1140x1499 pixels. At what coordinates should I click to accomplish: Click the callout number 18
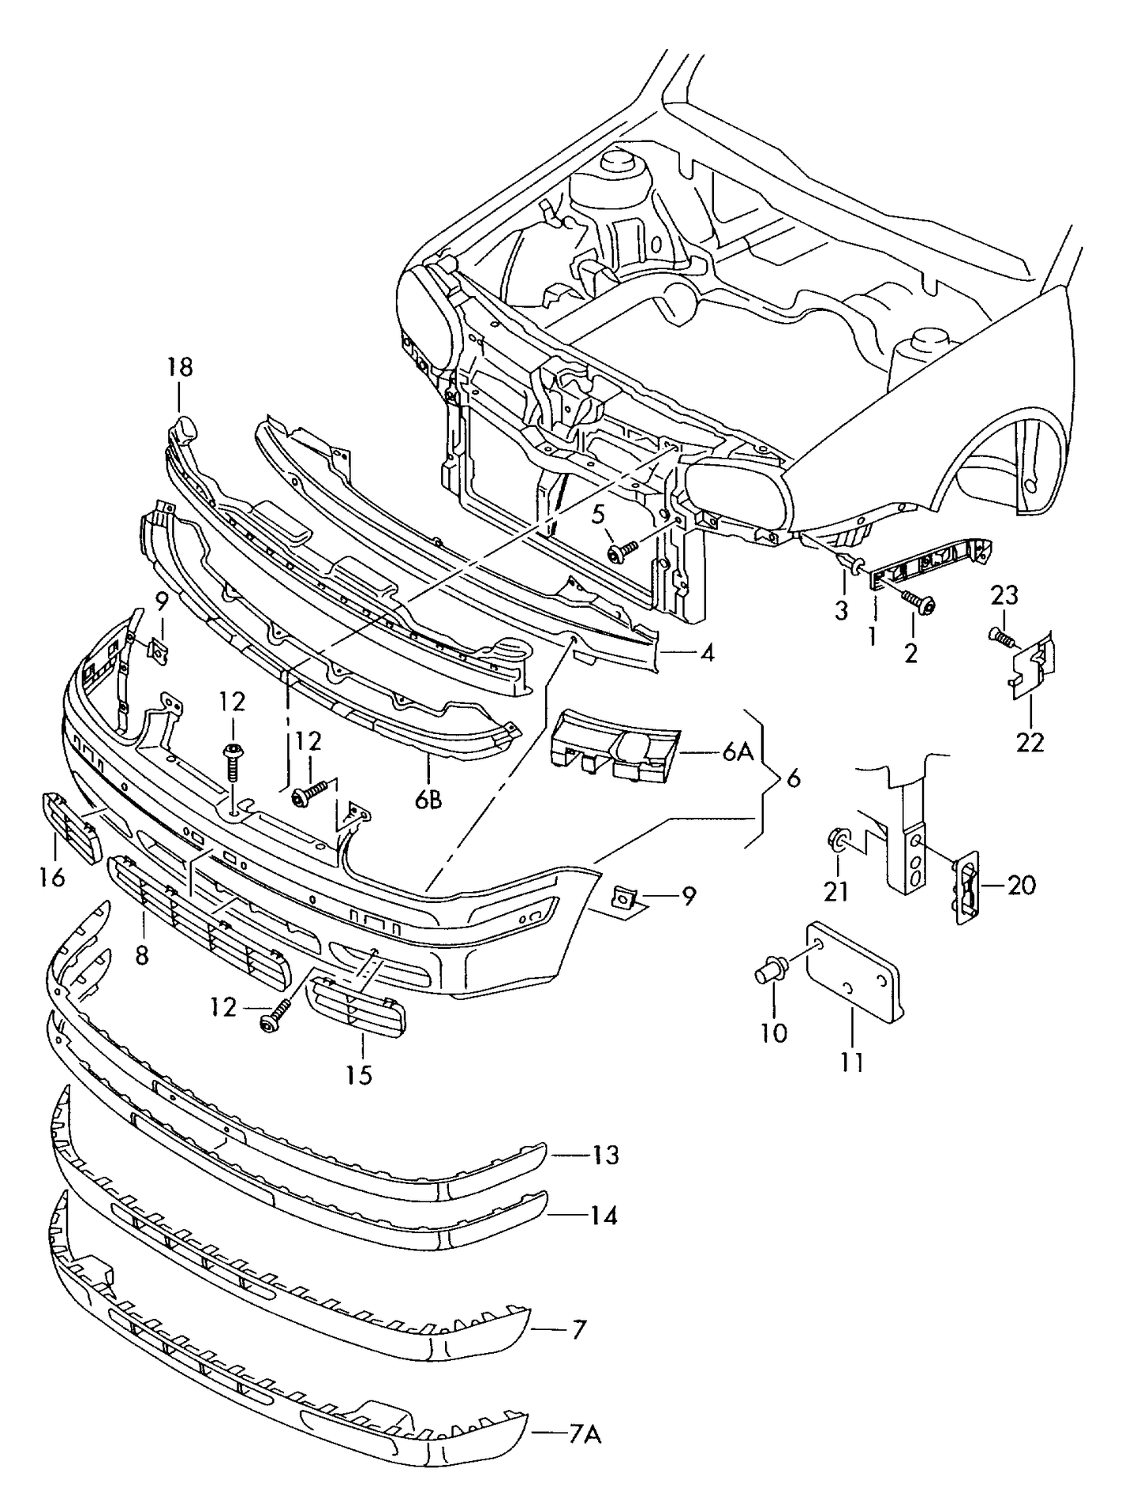[x=179, y=367]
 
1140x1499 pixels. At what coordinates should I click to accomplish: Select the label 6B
[x=428, y=800]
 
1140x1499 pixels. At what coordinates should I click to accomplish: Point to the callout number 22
[x=1030, y=742]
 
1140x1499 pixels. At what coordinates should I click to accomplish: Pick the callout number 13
[x=605, y=1156]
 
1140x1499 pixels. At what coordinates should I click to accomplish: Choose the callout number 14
[x=604, y=1216]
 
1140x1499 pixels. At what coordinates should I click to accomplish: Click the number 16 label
[x=52, y=877]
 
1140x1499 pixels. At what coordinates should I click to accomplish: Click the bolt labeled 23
[x=1000, y=635]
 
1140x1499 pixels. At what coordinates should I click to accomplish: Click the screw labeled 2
[x=919, y=602]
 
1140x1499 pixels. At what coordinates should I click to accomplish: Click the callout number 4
[x=706, y=654]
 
